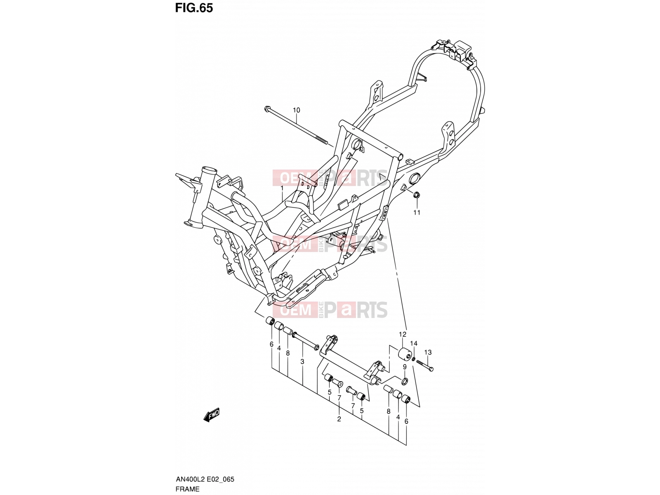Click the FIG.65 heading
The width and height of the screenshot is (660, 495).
(194, 8)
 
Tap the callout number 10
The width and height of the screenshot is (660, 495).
(296, 110)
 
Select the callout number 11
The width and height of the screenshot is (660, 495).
(417, 212)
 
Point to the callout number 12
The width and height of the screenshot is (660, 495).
(402, 334)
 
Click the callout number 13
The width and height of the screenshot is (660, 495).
(428, 352)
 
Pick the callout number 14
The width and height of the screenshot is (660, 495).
(414, 343)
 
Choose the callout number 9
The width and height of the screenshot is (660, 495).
(404, 367)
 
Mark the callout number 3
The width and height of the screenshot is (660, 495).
(302, 362)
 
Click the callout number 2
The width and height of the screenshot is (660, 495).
(339, 419)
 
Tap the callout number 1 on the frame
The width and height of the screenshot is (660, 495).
(282, 188)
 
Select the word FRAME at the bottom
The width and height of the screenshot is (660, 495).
(187, 489)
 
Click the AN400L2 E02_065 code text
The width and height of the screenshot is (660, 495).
(205, 479)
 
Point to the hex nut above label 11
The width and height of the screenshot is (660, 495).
(417, 195)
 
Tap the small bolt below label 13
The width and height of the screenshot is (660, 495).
(424, 365)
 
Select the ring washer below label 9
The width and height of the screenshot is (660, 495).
(405, 382)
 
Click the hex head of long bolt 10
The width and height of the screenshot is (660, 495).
(267, 109)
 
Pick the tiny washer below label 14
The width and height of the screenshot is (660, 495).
(414, 358)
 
